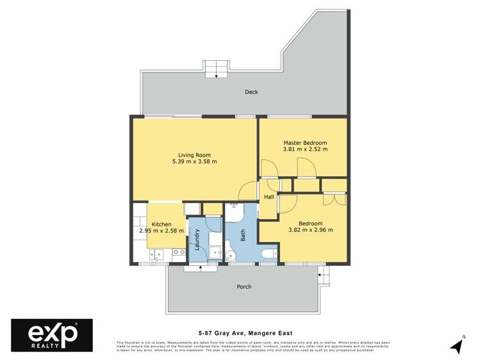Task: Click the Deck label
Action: click(251, 92)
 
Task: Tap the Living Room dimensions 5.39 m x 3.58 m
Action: click(194, 162)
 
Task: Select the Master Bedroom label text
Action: click(305, 142)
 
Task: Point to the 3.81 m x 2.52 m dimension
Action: click(305, 149)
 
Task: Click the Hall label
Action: click(269, 197)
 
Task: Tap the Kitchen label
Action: click(161, 224)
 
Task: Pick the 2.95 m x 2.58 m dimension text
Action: click(161, 231)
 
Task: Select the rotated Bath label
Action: click(243, 235)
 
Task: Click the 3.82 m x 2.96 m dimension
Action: click(310, 230)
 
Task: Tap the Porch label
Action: click(244, 286)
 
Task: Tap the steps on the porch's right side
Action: click(324, 276)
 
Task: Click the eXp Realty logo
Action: click(52, 334)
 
